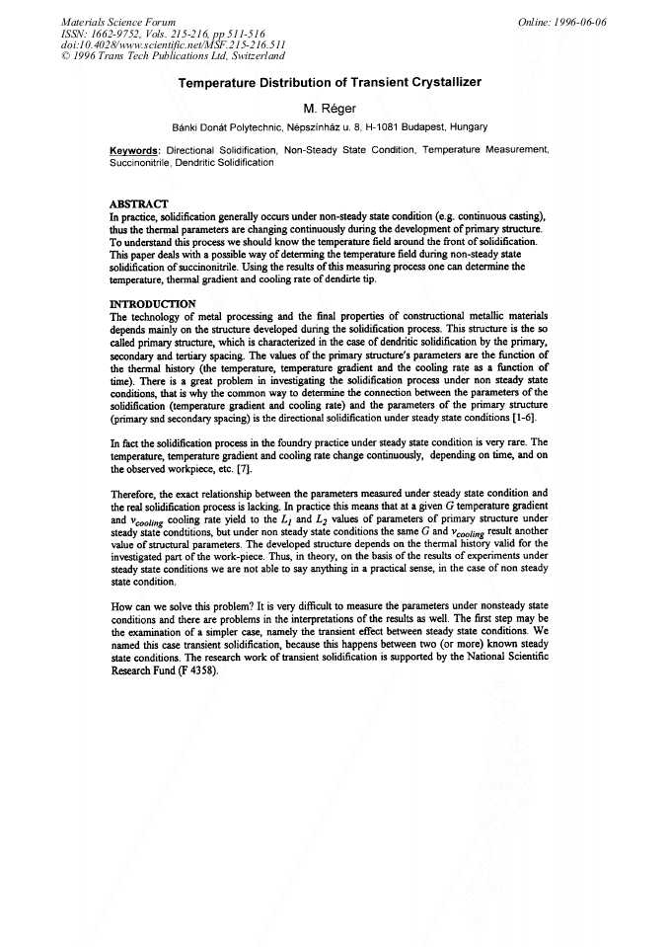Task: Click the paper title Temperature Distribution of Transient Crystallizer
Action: pyautogui.click(x=330, y=83)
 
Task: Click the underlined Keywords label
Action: pyautogui.click(x=135, y=150)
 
